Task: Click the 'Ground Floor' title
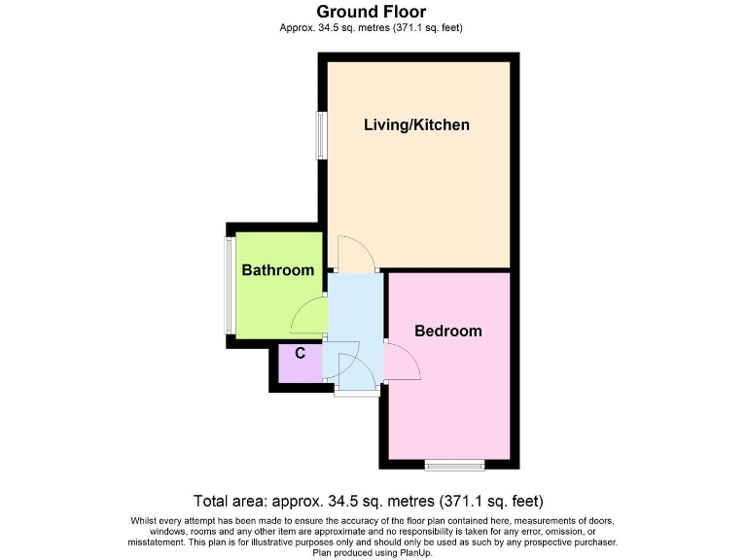click(x=371, y=12)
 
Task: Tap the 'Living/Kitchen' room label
click(x=416, y=124)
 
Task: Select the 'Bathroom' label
click(x=278, y=270)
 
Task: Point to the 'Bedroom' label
click(x=447, y=331)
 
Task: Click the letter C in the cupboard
click(x=301, y=353)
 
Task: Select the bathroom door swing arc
click(x=308, y=314)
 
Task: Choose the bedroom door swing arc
click(x=402, y=363)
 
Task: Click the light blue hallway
click(x=355, y=311)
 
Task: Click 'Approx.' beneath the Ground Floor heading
click(x=296, y=27)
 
